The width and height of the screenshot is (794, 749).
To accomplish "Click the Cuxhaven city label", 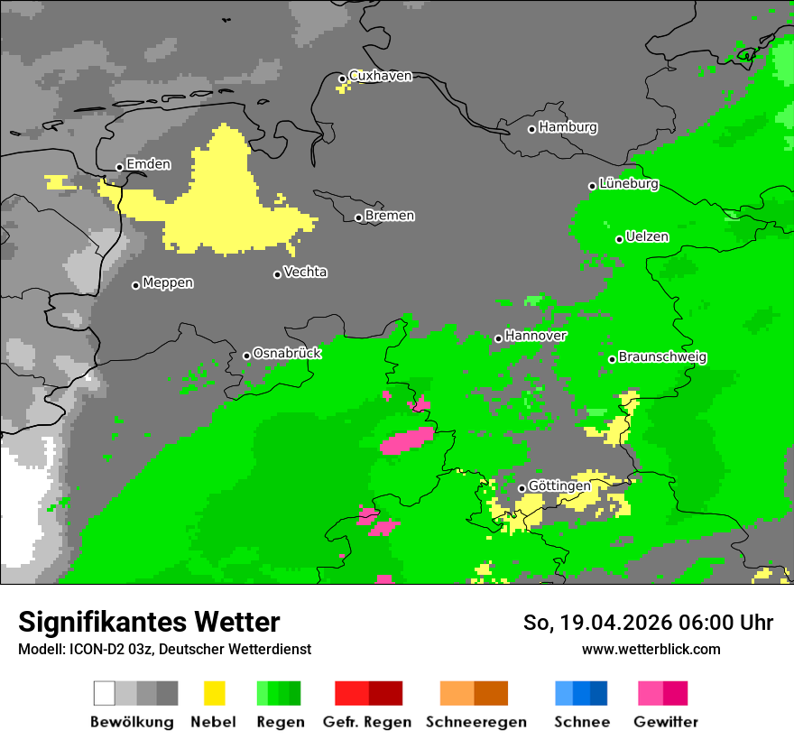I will pos(380,76).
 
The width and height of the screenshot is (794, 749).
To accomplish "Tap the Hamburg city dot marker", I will pos(531,129).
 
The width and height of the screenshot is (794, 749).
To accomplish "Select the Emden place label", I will pos(148,164).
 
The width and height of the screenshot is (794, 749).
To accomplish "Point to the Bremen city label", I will pos(390,216).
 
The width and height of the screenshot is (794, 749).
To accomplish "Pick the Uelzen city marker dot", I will pos(619,239).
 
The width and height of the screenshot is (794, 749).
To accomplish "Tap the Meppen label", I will pos(168,283).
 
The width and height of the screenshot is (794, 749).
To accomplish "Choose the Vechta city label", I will pos(305,272).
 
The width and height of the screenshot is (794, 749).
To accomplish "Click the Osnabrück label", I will pos(287,354).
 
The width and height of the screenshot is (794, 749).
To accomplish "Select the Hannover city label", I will pos(536,336).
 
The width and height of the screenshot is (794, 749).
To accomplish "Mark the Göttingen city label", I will pos(559,486).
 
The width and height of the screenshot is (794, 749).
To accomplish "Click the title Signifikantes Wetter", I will pos(149,622).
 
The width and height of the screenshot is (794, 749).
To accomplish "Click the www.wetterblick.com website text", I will pos(651,649).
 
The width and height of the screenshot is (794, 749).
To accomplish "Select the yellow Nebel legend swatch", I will pos(214,693).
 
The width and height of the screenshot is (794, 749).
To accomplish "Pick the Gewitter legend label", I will pos(666,722).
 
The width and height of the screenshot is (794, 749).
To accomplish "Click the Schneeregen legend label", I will pos(476,722).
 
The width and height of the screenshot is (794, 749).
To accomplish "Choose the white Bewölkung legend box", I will pos(105,693).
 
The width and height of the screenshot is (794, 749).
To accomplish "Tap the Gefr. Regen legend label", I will pos(367,722).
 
